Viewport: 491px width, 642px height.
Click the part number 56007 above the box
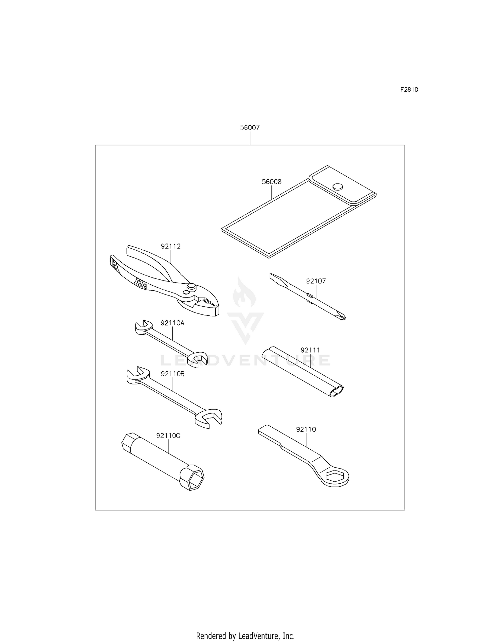250,128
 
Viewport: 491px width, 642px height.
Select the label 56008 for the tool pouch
272,182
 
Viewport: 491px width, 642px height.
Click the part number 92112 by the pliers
171,246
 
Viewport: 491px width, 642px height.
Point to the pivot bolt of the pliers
191,287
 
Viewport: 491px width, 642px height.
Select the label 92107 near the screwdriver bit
316,281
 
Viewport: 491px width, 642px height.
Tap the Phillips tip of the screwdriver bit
342,316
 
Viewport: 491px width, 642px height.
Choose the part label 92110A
173,323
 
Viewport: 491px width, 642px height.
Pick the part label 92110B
173,374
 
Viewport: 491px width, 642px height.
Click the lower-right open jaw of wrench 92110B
209,419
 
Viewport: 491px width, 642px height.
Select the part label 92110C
168,436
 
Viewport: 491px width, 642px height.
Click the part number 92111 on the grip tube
310,350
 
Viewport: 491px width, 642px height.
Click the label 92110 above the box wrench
306,429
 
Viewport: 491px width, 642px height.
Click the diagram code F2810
409,89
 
